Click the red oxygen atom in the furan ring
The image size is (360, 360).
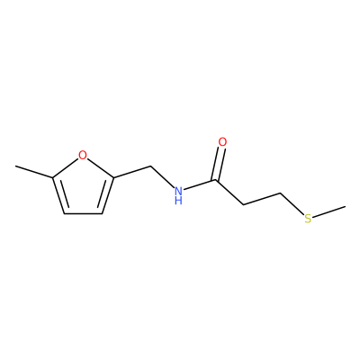tap(83, 155)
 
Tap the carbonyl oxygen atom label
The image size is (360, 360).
tap(222, 142)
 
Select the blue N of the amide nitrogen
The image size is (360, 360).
tap(178, 191)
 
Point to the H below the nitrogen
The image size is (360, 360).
tap(178, 201)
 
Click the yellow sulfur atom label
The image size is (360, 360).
tap(308, 219)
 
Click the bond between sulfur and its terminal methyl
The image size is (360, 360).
tap(329, 211)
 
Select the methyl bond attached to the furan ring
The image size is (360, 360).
tap(34, 172)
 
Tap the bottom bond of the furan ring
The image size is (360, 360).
tap(84, 213)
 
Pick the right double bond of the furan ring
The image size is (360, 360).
tap(106, 195)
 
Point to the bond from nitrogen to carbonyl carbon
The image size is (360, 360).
tap(200, 184)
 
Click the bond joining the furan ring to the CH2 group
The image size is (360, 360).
tap(132, 172)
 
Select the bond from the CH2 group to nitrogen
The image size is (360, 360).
tap(162, 176)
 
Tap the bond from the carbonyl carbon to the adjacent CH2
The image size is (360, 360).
tap(229, 193)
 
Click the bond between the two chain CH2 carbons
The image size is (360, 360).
tap(262, 199)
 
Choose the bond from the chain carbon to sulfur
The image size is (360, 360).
tap(292, 203)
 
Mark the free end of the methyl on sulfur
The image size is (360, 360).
tap(345, 206)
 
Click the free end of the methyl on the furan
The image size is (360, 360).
tap(16, 166)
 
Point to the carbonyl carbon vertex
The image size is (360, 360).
tap(215, 180)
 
